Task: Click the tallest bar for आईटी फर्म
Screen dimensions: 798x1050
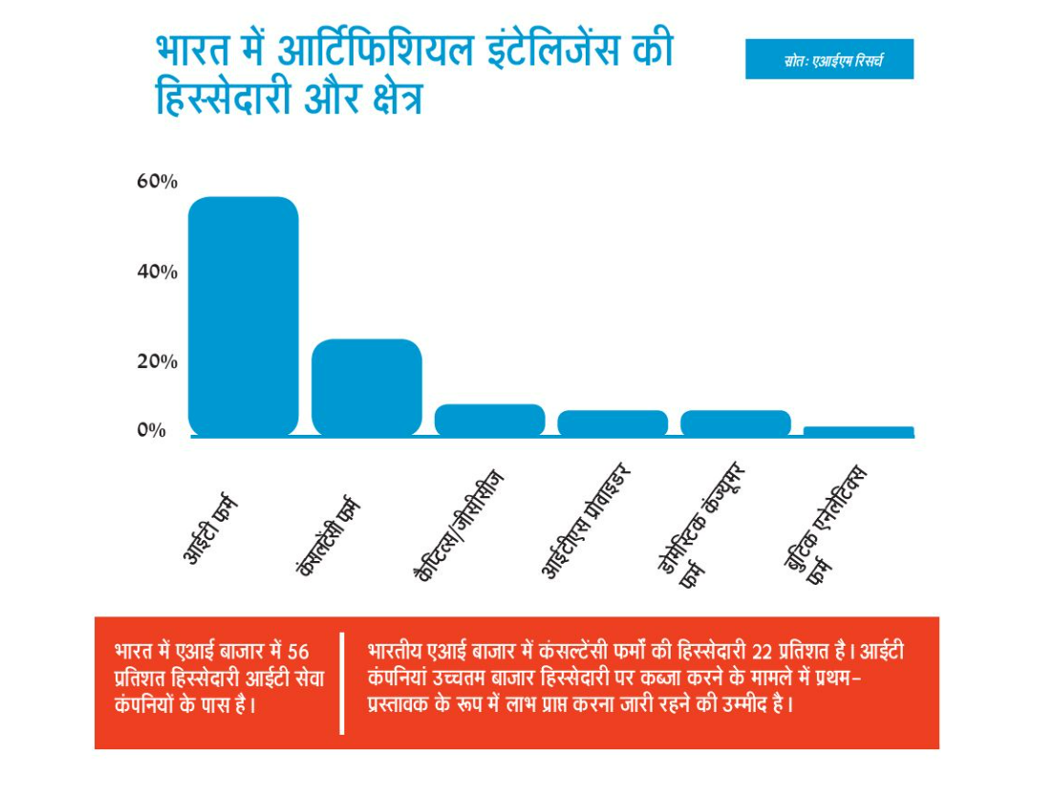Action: pos(243,315)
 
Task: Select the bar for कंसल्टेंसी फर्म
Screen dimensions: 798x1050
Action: pos(366,387)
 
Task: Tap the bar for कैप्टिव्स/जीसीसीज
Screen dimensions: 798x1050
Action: pos(489,420)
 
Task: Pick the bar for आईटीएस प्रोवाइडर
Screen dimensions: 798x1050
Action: pos(612,422)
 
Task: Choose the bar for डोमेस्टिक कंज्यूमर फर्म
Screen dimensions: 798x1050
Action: pos(735,422)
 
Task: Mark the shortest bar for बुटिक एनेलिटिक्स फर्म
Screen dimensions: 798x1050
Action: pos(858,431)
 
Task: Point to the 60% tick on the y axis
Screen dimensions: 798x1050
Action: pos(157,182)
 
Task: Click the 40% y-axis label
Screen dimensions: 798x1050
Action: pos(157,272)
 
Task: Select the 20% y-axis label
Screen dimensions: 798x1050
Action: pos(157,362)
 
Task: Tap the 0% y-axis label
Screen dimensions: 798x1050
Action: pos(151,430)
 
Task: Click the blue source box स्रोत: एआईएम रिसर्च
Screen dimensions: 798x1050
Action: pos(828,59)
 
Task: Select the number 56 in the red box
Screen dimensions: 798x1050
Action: pos(298,652)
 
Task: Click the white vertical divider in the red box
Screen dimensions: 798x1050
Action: pos(341,682)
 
